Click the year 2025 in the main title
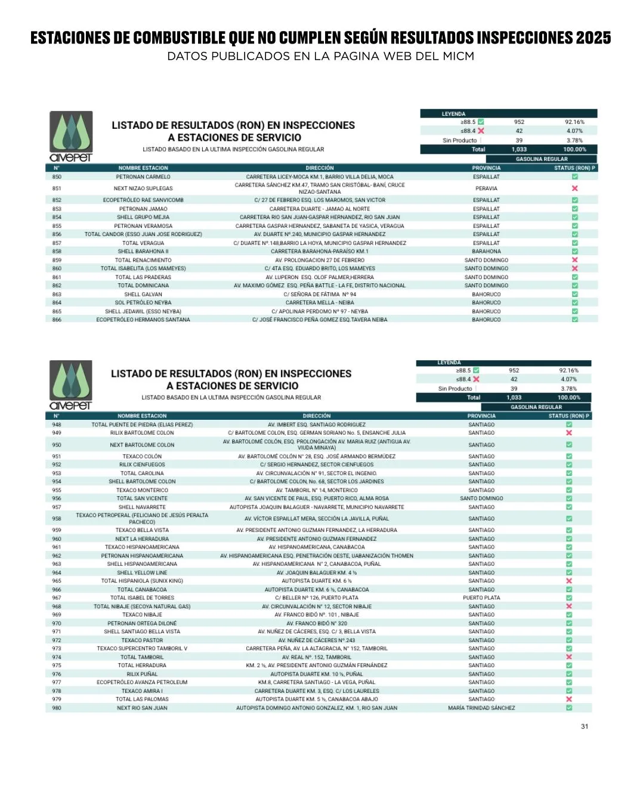593,38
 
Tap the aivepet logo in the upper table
71,137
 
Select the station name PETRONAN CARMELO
143,177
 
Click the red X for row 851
575,188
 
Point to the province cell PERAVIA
486,188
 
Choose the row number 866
57,320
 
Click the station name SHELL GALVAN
143,295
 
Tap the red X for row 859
575,260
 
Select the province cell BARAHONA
486,252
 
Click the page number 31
585,726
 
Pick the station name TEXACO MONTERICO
142,490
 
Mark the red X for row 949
569,433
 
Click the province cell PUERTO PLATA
481,597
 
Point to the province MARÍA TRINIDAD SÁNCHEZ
481,708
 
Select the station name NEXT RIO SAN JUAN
142,708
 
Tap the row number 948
57,425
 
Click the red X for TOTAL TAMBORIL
569,657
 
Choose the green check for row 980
569,708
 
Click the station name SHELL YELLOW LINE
142,572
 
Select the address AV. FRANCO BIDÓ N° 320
317,623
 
